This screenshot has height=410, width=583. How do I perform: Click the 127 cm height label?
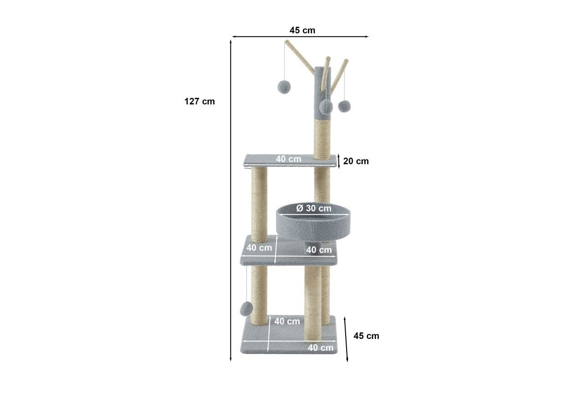click(199, 101)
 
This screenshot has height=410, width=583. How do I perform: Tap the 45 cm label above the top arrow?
click(302, 30)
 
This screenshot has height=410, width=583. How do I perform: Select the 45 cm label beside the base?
click(366, 336)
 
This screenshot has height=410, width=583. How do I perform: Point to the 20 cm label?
click(356, 161)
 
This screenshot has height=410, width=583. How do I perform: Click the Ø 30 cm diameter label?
click(314, 208)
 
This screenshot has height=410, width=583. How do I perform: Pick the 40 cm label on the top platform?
click(289, 159)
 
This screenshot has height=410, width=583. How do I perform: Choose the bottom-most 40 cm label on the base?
click(320, 348)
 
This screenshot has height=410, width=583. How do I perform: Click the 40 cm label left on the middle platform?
click(259, 247)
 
